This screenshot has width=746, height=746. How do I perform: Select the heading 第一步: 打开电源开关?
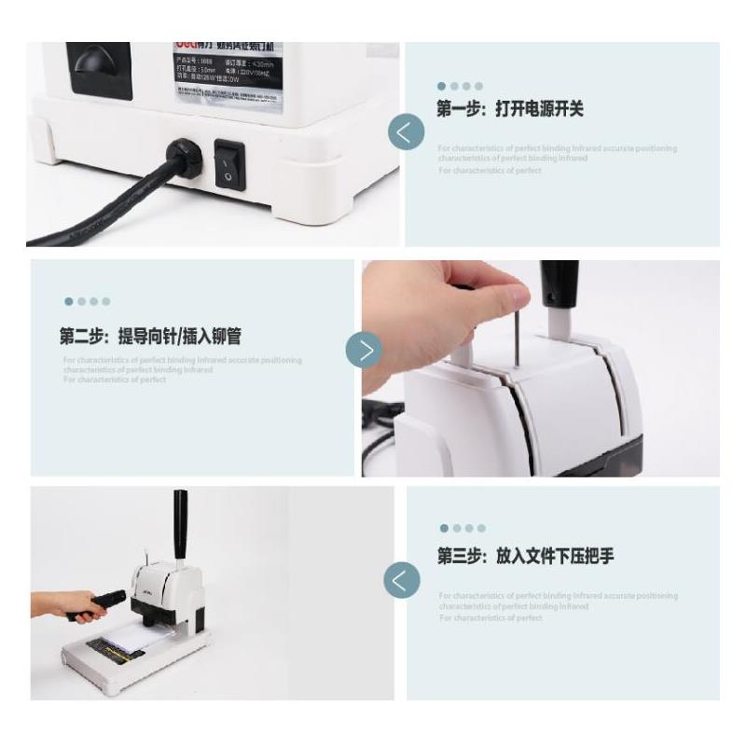pyautogui.click(x=510, y=110)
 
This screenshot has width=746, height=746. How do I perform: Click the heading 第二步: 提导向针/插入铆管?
pyautogui.click(x=157, y=336)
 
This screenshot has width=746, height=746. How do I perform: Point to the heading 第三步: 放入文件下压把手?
pyautogui.click(x=526, y=557)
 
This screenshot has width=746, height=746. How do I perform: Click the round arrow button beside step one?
pyautogui.click(x=406, y=132)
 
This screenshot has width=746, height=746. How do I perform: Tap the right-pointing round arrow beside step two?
pyautogui.click(x=364, y=350)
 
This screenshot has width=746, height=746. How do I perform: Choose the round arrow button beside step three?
pyautogui.click(x=402, y=579)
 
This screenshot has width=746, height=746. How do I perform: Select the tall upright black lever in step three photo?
pyautogui.click(x=181, y=523)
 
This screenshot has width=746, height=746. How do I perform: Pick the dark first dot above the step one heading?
pyautogui.click(x=441, y=86)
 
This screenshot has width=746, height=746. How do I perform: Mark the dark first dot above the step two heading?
pyautogui.click(x=68, y=301)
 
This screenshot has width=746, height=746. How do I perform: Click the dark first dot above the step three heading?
pyautogui.click(x=444, y=529)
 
